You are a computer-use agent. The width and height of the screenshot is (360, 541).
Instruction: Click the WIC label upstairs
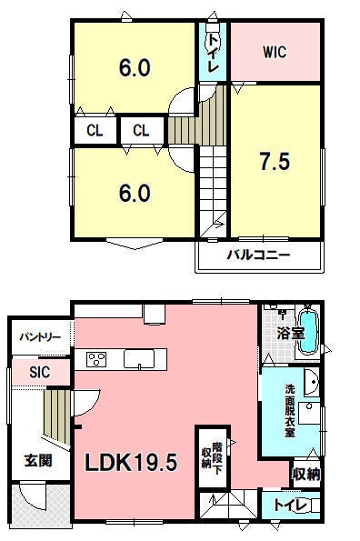point(275,52)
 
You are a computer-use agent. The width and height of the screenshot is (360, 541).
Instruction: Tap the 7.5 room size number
point(275,162)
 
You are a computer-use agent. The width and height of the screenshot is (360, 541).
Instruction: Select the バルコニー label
point(258,255)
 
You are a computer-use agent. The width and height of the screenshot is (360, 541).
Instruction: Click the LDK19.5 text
point(131,462)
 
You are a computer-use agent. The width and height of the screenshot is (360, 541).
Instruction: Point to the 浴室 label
point(291,334)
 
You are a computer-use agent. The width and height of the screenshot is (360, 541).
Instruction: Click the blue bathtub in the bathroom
point(308,332)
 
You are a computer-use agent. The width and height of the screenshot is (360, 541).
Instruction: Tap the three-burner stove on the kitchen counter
point(97,359)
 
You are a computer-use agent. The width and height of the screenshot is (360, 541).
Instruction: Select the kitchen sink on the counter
point(139,359)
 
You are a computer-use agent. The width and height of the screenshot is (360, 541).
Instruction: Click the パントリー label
point(40,337)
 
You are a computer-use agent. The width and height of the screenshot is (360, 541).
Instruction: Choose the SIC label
point(40,372)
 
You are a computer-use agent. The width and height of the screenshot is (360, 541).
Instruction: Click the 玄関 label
point(38,460)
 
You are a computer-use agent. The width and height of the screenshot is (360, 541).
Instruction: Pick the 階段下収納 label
point(212,456)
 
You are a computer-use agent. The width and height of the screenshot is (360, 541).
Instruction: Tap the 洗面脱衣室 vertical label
point(290,411)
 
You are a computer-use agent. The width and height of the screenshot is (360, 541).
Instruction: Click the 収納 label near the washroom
point(306,475)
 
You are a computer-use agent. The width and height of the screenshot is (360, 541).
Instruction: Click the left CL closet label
point(95,131)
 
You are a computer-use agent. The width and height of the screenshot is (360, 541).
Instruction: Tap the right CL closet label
point(141,131)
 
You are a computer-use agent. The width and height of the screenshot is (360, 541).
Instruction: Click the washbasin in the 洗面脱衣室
point(312,382)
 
